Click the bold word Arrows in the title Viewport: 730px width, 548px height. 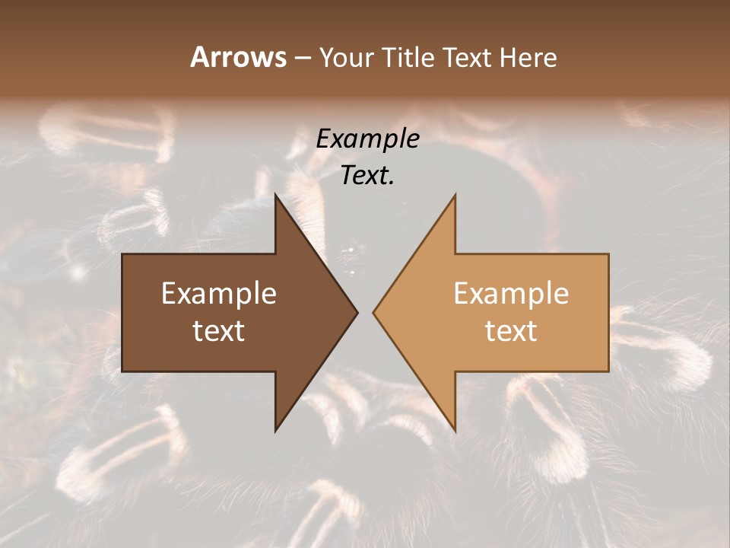pos(238,57)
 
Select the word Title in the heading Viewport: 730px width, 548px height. pos(413,57)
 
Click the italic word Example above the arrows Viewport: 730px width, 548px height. pos(368,139)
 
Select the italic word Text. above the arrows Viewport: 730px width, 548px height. pos(368,176)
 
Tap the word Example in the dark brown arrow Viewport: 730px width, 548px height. pos(219,294)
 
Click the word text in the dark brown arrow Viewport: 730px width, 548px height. pos(219,331)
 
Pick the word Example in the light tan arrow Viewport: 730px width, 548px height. pos(511,294)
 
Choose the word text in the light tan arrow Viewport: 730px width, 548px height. pos(511,331)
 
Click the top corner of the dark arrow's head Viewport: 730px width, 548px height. pos(275,195)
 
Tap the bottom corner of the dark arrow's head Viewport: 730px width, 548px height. pos(275,431)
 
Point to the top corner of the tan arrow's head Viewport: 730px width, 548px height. pos(455,195)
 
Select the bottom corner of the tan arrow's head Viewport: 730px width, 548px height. pos(455,431)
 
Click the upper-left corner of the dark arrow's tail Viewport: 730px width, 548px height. pos(122,254)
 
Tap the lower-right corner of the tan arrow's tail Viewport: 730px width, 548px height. pos(608,371)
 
